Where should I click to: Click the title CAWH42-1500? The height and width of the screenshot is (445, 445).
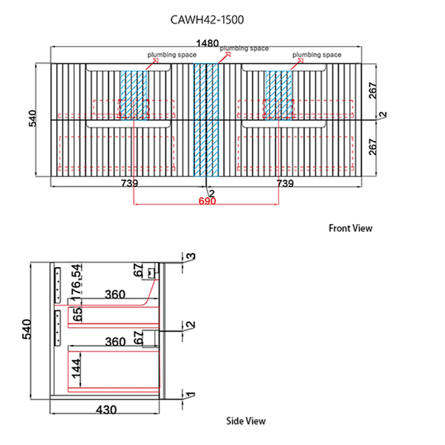pos(207,20)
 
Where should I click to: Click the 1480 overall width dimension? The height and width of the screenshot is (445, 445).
pos(208,44)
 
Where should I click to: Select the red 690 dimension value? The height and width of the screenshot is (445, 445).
pos(207,201)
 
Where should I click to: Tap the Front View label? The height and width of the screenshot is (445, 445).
pos(350,228)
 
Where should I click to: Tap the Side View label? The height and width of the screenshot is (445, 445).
pos(245,421)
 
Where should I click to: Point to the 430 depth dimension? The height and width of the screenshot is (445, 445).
pos(106,410)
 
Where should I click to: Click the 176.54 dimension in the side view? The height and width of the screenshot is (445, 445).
pos(76,283)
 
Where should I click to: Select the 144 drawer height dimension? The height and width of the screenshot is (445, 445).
pos(76,369)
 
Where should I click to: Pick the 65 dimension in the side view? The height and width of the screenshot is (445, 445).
pos(77,314)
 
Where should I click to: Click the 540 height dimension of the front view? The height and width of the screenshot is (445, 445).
pos(32,118)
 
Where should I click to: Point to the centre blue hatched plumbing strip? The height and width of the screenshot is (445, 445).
pos(206,119)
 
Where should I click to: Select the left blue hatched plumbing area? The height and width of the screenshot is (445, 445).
pos(133,95)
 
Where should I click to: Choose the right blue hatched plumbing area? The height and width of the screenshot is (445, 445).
pos(278,95)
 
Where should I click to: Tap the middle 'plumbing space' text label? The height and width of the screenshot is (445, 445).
pos(244,48)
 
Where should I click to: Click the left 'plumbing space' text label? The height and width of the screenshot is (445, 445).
pos(172,54)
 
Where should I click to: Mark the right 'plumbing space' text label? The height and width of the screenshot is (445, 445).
pos(317,54)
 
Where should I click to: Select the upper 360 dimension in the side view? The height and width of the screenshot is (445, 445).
pos(115,294)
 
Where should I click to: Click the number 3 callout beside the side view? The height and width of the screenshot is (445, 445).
pos(191,257)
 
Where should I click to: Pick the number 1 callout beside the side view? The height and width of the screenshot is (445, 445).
pos(191,395)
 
